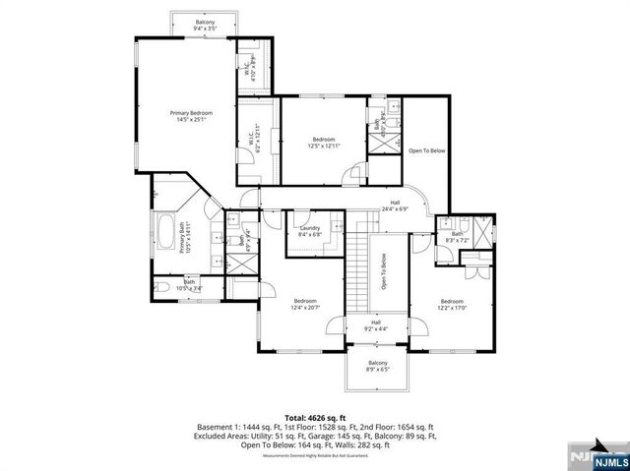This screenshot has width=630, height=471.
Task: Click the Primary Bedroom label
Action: [x=187, y=117]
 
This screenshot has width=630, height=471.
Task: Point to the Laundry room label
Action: [x=310, y=232]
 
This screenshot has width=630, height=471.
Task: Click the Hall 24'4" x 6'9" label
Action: [x=394, y=206]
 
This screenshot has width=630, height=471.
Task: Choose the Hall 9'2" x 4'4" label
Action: [x=375, y=325]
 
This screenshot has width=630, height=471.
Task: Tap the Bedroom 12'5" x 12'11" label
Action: [x=325, y=142]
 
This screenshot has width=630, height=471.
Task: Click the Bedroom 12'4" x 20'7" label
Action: [x=304, y=304]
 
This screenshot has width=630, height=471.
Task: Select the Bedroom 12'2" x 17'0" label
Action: [x=452, y=304]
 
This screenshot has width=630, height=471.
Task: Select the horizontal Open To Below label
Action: [x=427, y=150]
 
